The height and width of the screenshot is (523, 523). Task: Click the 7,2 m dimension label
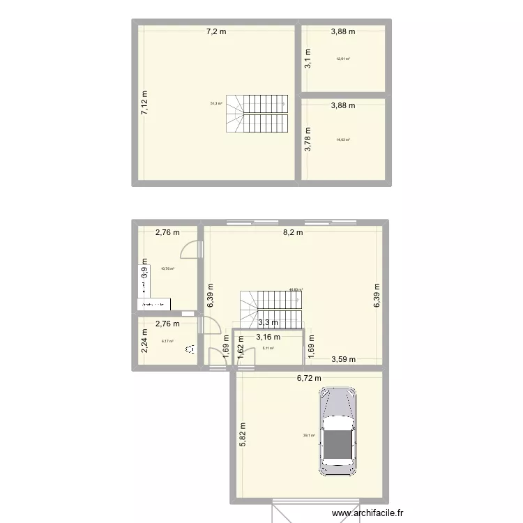(x=215, y=31)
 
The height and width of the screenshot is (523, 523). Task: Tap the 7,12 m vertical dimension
(x=145, y=105)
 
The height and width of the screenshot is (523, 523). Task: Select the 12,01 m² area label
(x=342, y=59)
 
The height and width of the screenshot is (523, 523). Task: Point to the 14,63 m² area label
(x=342, y=139)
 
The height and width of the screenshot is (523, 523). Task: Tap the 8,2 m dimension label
(x=293, y=233)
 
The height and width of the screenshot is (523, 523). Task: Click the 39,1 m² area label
(x=309, y=436)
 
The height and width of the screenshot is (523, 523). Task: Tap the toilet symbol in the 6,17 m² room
(x=190, y=352)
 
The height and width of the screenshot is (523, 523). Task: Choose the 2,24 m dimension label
(x=145, y=342)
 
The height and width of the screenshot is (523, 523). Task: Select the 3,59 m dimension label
(x=343, y=360)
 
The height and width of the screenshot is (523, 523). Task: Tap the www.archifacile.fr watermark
(x=367, y=515)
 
